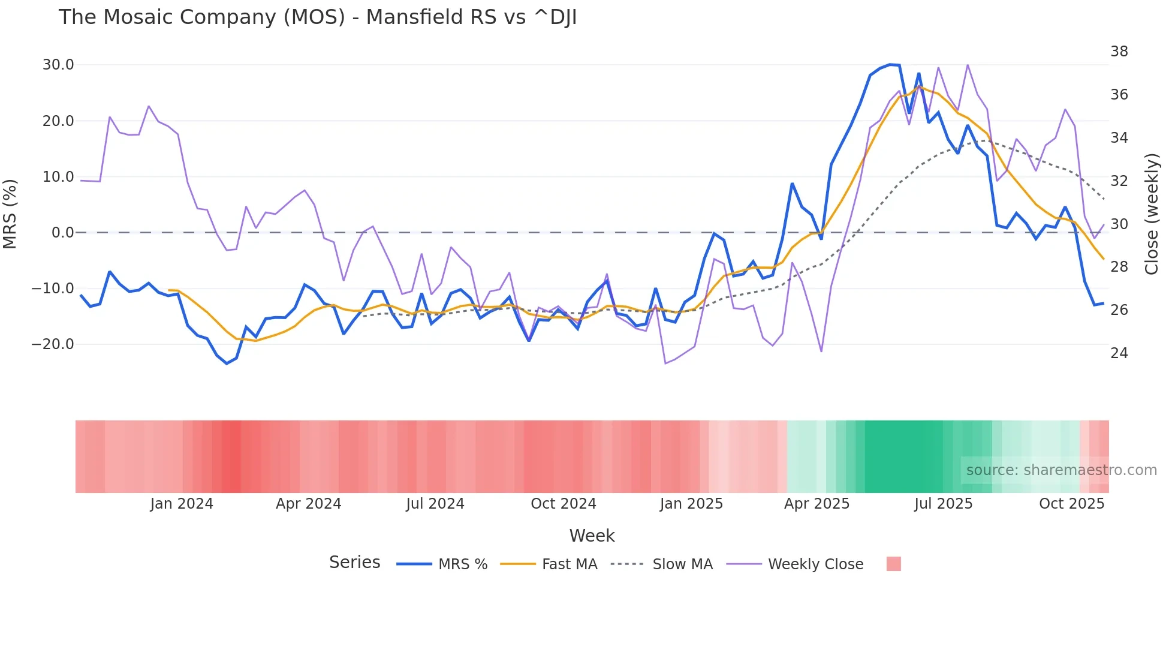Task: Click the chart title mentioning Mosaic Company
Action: click(318, 17)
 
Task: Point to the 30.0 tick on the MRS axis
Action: click(58, 65)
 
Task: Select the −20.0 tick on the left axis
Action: click(53, 344)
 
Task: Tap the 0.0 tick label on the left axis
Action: click(62, 233)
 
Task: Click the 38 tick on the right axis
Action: click(1119, 52)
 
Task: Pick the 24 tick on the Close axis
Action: click(1119, 353)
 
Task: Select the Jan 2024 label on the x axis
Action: click(182, 504)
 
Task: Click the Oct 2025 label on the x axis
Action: click(1071, 504)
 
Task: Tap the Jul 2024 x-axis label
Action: click(435, 504)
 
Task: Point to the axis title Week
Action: click(592, 536)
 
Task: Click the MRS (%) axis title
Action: click(10, 214)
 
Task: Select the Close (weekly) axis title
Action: click(1152, 214)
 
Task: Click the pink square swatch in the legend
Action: click(893, 564)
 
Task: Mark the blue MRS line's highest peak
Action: click(890, 64)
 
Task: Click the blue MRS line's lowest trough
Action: click(227, 363)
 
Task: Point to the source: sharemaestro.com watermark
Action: click(1061, 470)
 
